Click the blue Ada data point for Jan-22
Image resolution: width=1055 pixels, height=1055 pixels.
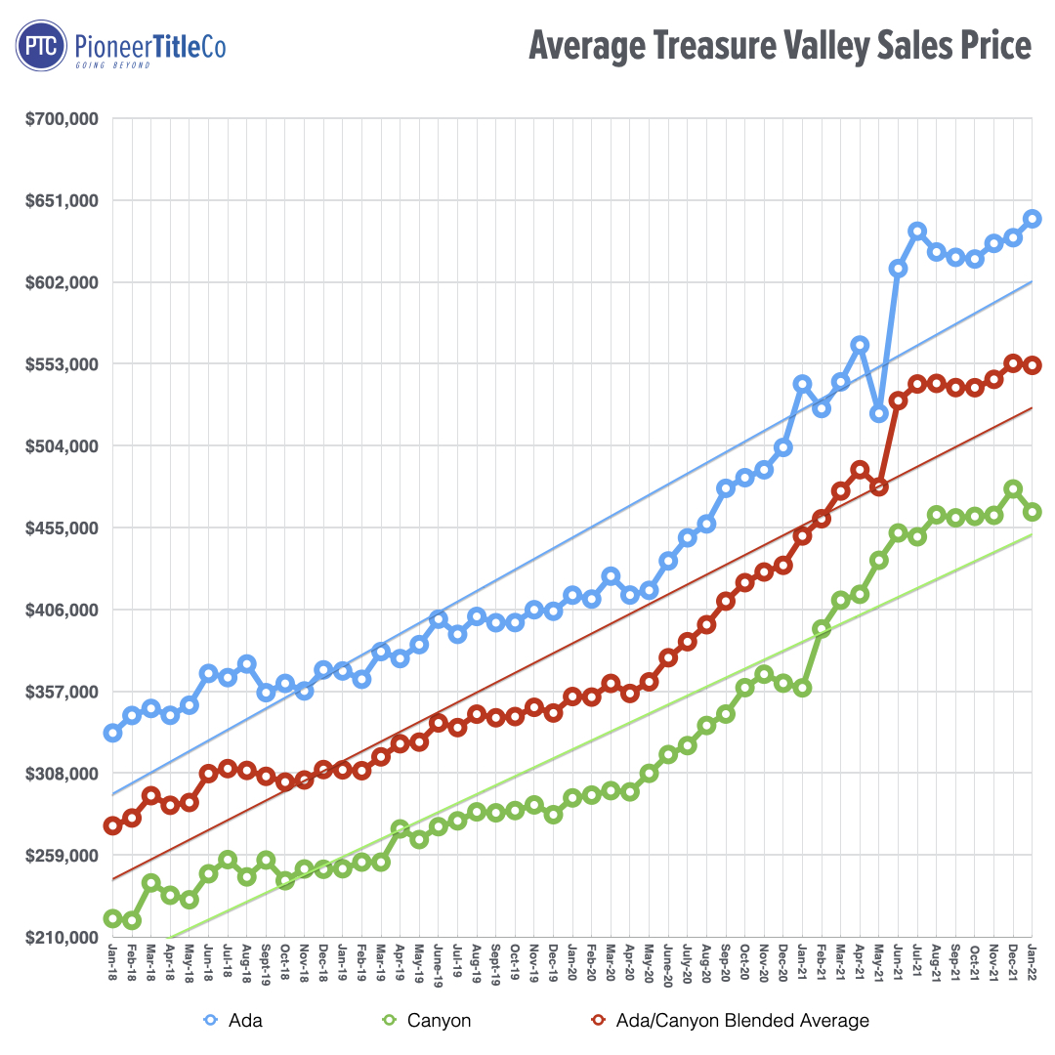pyautogui.click(x=1033, y=219)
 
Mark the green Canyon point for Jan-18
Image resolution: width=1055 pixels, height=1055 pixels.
pyautogui.click(x=112, y=918)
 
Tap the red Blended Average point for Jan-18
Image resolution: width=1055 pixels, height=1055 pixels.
pyautogui.click(x=112, y=825)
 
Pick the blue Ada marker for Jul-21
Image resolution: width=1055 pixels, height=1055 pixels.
pyautogui.click(x=917, y=231)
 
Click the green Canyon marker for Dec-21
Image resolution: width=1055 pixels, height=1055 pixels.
pyautogui.click(x=1013, y=488)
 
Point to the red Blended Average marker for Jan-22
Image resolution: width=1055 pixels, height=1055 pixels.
pyautogui.click(x=1033, y=365)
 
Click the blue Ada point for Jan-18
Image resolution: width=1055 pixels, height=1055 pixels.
pyautogui.click(x=112, y=733)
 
